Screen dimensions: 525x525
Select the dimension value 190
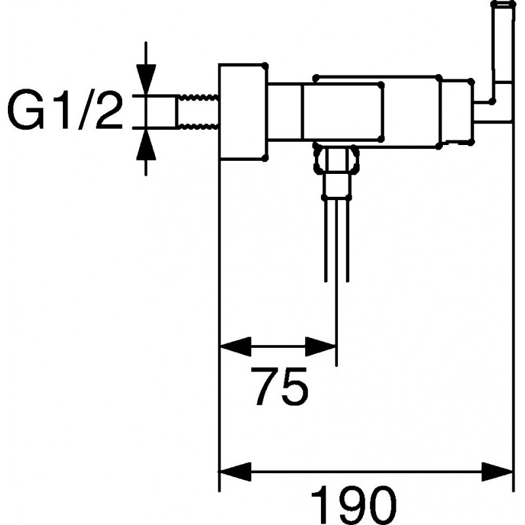point(354,505)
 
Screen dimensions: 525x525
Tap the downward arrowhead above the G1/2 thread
point(146,79)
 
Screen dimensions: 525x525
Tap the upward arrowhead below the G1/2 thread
point(146,144)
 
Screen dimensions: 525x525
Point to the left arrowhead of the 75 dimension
point(236,347)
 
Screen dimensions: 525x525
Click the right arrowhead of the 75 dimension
point(320,347)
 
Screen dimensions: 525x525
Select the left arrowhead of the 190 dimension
point(236,471)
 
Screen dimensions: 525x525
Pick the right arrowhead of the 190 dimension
point(497,471)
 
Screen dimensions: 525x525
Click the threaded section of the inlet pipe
point(198,112)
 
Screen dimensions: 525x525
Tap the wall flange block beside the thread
point(243,112)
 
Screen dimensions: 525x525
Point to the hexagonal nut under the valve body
point(336,159)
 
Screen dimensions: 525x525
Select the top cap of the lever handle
point(503,3)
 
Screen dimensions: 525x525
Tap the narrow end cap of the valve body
point(456,112)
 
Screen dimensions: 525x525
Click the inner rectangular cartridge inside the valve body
point(343,111)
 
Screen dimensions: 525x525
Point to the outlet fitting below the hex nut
point(337,186)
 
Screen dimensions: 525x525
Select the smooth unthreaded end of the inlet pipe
point(161,112)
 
